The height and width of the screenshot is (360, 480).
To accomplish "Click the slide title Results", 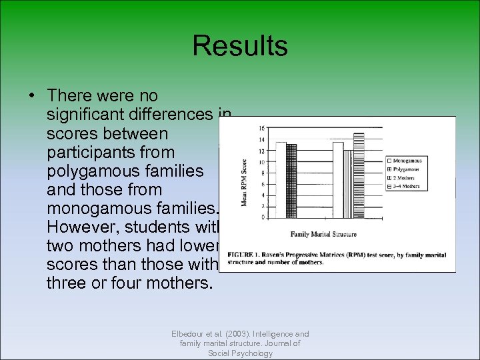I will point(240,46).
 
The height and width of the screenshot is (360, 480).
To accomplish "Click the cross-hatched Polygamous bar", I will point(291,180).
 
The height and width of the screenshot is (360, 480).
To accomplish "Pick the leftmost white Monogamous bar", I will point(281,179).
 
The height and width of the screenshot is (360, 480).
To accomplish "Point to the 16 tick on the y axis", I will point(261,128).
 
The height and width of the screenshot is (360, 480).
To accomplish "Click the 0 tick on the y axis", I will point(263,217).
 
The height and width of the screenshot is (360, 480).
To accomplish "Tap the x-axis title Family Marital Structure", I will point(323,234).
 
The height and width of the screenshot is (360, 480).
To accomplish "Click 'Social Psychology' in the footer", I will point(240,353).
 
